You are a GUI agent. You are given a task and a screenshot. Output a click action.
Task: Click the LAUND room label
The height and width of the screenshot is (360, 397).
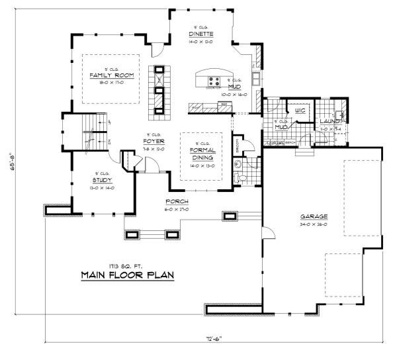[329, 122]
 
